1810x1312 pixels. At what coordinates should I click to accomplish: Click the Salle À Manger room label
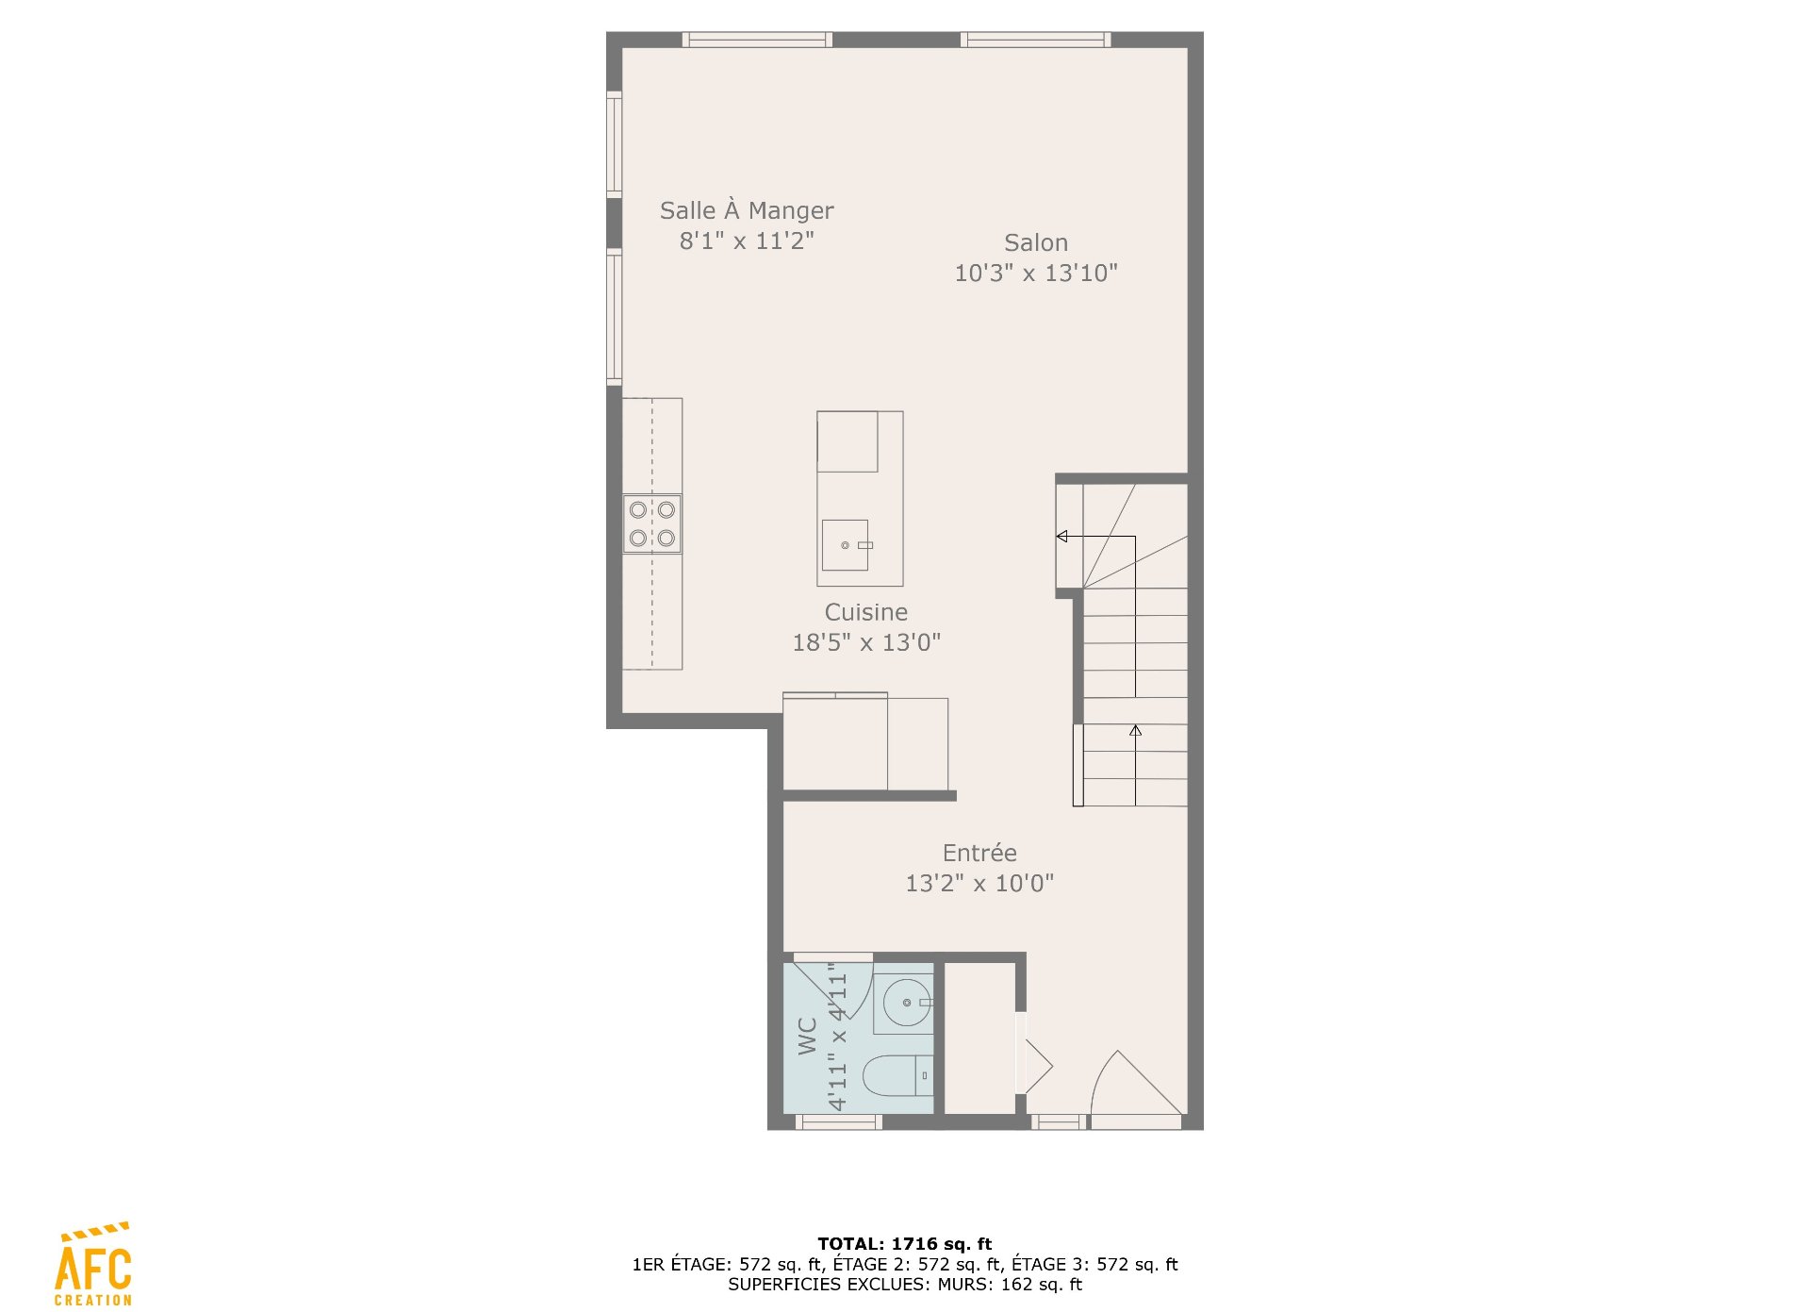coord(747,210)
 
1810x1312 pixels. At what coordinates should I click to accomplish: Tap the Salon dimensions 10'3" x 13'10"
coord(1036,274)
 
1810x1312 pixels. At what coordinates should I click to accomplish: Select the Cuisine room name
coord(866,612)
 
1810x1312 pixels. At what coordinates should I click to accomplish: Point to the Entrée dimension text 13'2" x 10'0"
coord(979,884)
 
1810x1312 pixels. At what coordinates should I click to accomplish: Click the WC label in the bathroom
coord(808,1036)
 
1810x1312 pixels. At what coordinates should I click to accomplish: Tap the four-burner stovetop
coord(652,523)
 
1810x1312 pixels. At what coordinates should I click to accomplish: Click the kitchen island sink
coord(846,545)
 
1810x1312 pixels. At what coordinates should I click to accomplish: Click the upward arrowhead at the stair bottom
coord(1136,730)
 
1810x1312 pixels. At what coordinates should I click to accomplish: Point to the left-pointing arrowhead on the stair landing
coord(1061,537)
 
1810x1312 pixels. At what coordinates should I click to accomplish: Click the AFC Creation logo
coord(93,1264)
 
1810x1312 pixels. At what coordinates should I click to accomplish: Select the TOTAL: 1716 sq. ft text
coord(905,1244)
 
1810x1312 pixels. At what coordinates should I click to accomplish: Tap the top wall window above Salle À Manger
coord(757,40)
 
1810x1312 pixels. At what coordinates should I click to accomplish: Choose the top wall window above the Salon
coord(1035,40)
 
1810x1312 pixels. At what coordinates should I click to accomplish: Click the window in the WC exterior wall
coord(839,1122)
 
